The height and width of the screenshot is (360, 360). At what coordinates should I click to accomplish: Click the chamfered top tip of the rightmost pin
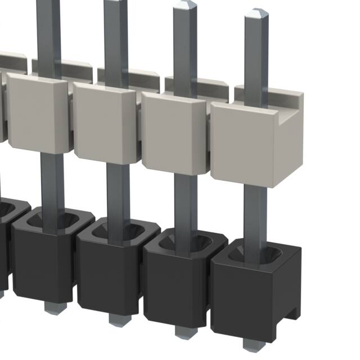pos(256,13)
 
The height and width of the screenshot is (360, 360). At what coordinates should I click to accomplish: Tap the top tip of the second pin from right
pos(184,6)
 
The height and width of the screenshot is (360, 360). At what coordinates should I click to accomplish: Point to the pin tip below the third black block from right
pos(116,319)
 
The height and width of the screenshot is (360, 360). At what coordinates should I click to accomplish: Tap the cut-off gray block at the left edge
pos(2,107)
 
